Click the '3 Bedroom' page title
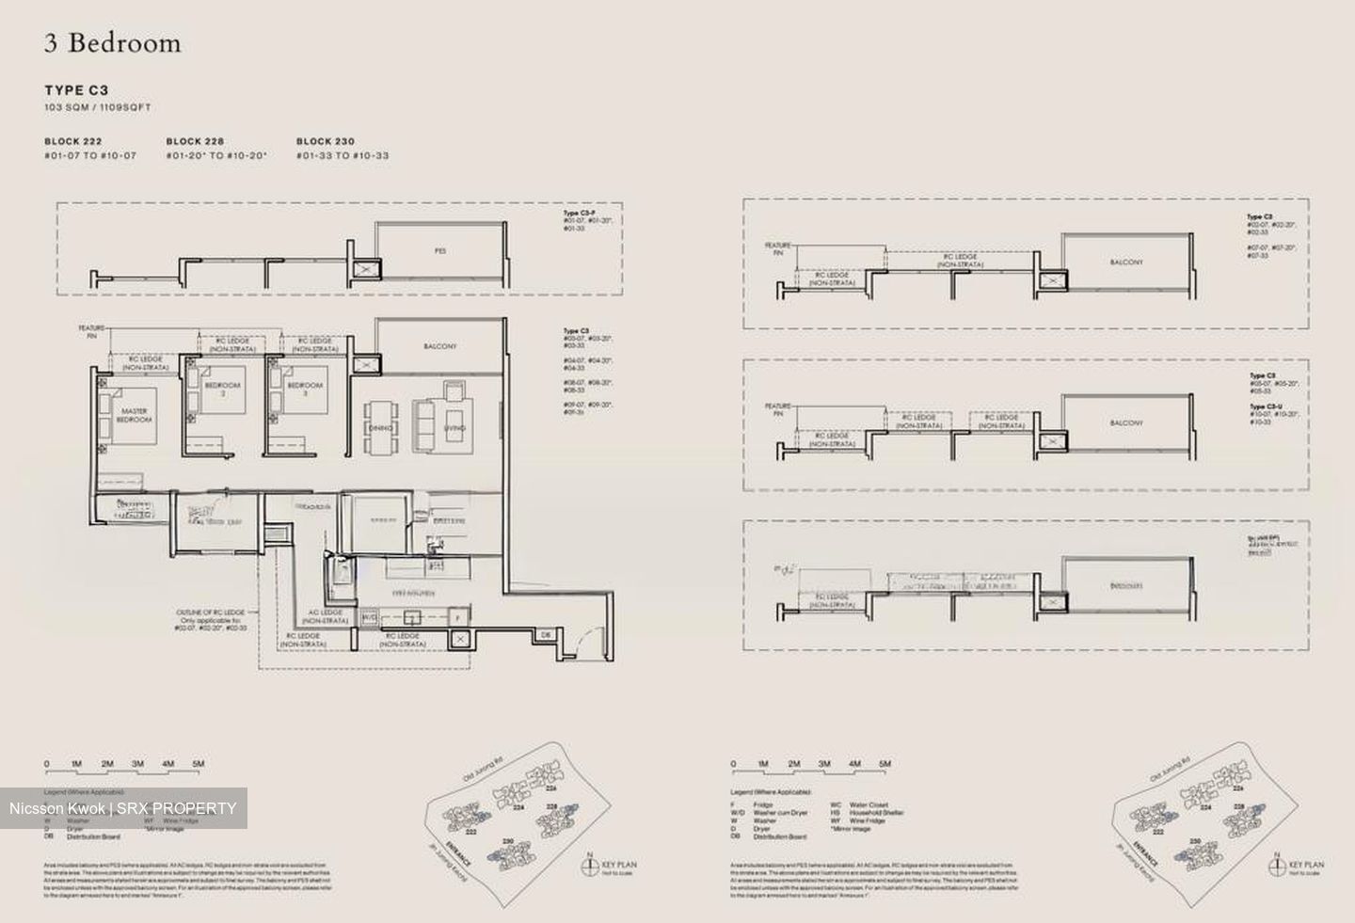pyautogui.click(x=112, y=43)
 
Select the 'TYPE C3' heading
pyautogui.click(x=76, y=90)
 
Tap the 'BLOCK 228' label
pyautogui.click(x=195, y=141)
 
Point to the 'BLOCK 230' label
pyautogui.click(x=326, y=141)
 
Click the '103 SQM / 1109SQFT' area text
pyautogui.click(x=98, y=108)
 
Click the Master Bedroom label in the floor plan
pyautogui.click(x=135, y=415)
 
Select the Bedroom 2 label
pyautogui.click(x=223, y=388)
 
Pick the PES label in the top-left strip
pyautogui.click(x=440, y=251)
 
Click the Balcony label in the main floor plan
pyautogui.click(x=440, y=346)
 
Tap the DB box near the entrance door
pyautogui.click(x=546, y=636)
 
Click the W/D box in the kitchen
pyautogui.click(x=369, y=618)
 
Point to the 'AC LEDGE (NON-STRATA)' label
pyautogui.click(x=326, y=616)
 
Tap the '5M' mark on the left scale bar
pyautogui.click(x=199, y=764)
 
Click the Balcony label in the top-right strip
pyautogui.click(x=1126, y=263)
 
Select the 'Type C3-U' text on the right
pyautogui.click(x=1262, y=406)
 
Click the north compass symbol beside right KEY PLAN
pyautogui.click(x=1277, y=864)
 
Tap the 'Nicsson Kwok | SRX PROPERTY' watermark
pyautogui.click(x=123, y=808)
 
